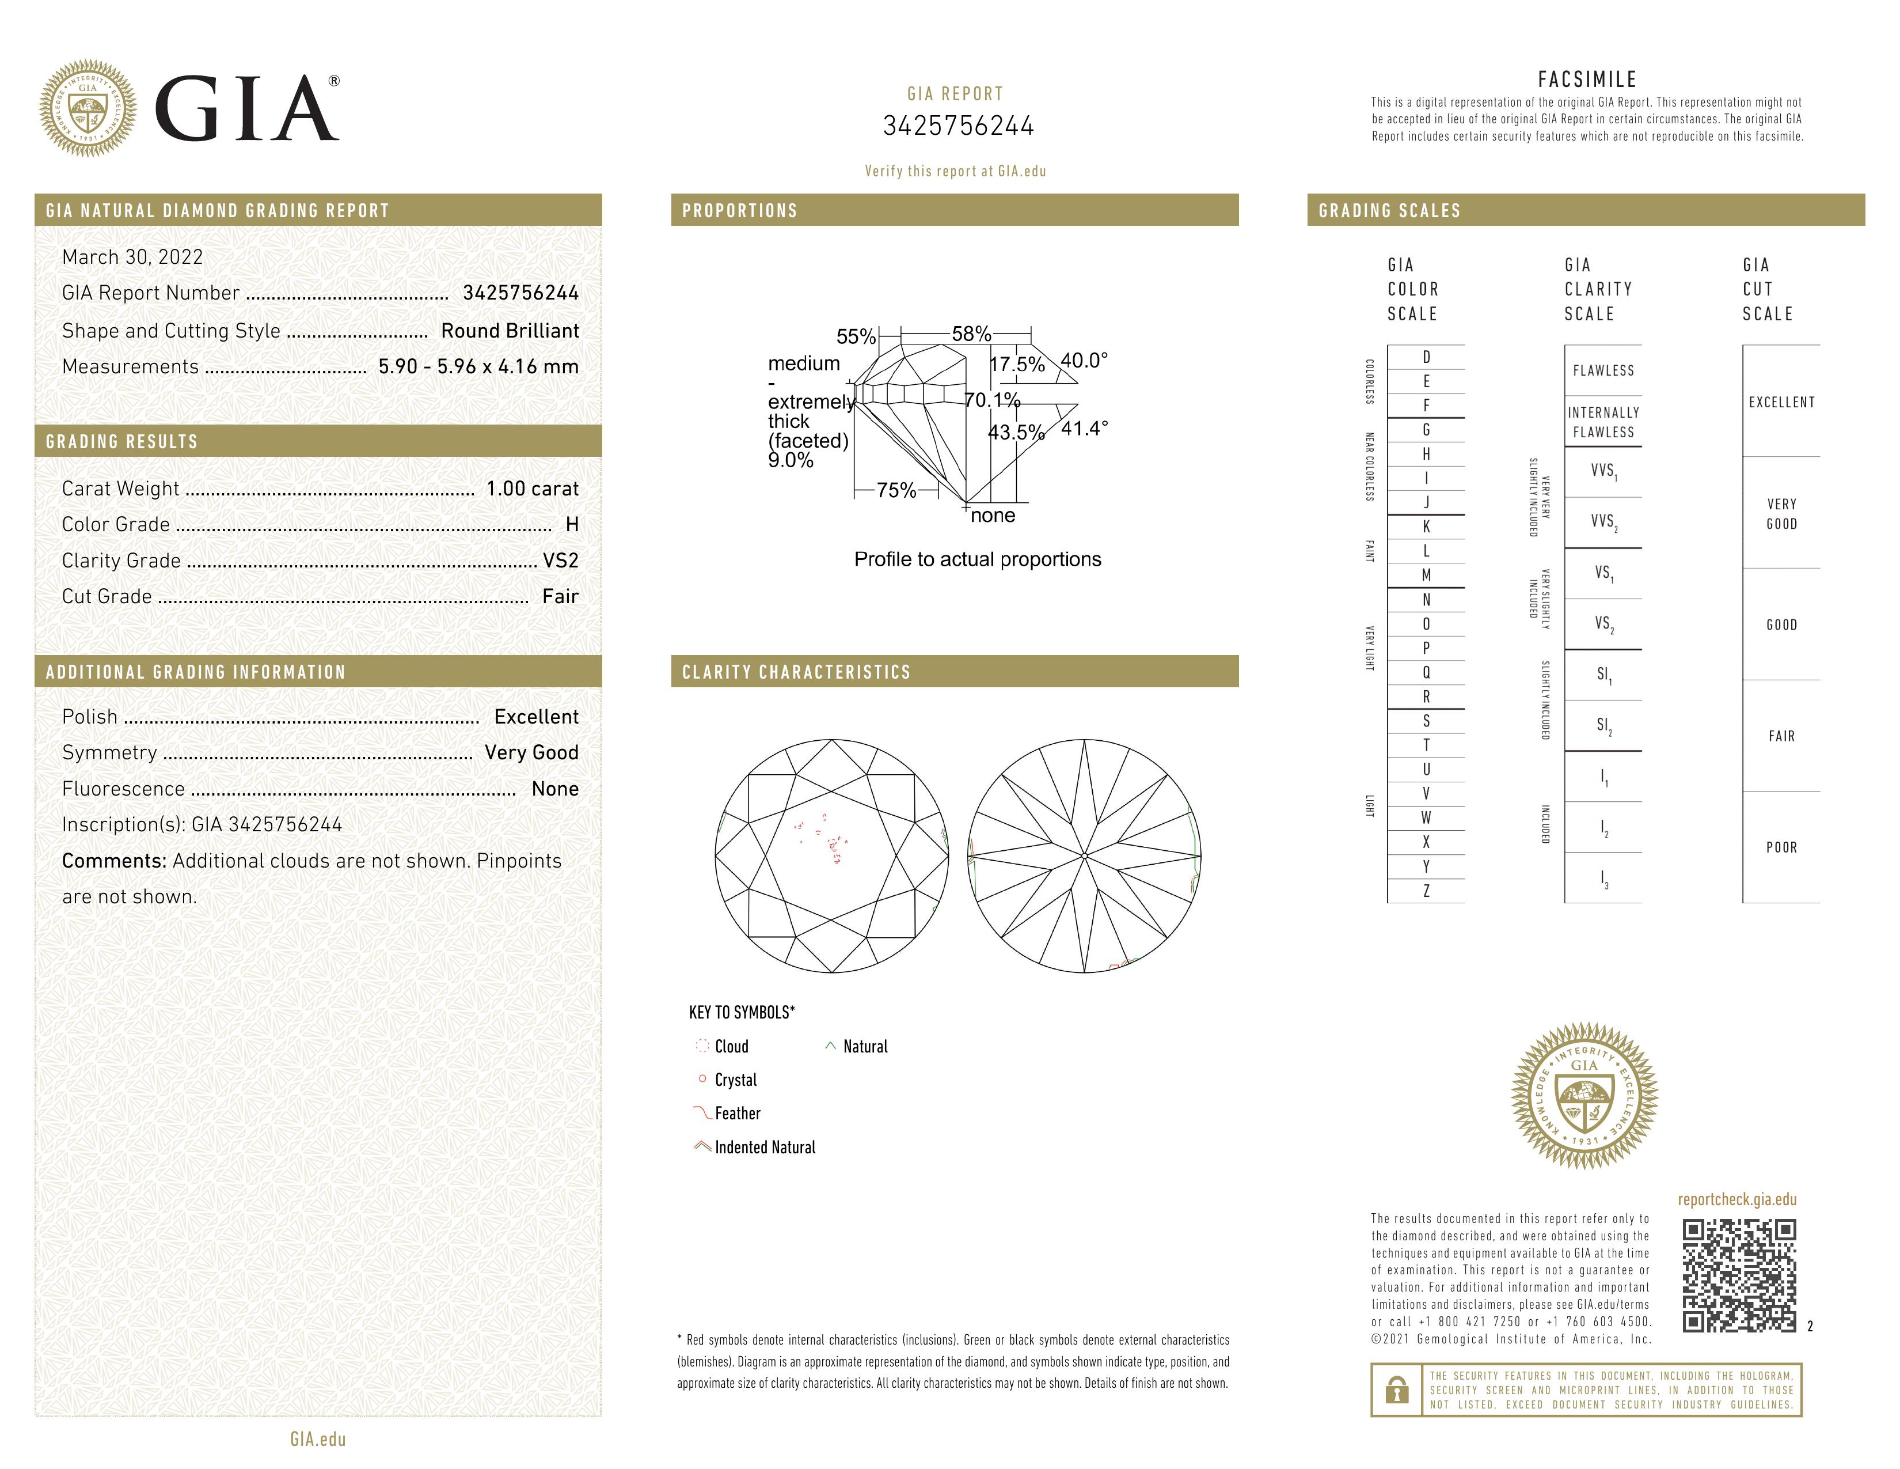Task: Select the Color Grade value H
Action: coord(572,524)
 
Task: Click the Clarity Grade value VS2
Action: coord(560,561)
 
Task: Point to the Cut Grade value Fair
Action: coord(560,596)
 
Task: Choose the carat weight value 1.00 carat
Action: coord(531,488)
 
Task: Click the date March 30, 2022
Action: coord(132,257)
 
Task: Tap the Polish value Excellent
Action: coord(536,716)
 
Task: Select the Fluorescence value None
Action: coord(555,789)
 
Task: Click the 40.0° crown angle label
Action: coord(1084,360)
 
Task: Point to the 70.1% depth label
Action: coord(992,399)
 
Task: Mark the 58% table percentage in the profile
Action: coord(971,334)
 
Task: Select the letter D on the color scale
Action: coord(1426,357)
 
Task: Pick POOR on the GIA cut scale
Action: coord(1781,847)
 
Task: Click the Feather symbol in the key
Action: coord(701,1113)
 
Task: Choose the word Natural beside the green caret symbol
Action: coord(865,1046)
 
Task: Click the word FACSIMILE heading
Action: coord(1587,79)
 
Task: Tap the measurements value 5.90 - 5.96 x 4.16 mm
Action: coord(478,366)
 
